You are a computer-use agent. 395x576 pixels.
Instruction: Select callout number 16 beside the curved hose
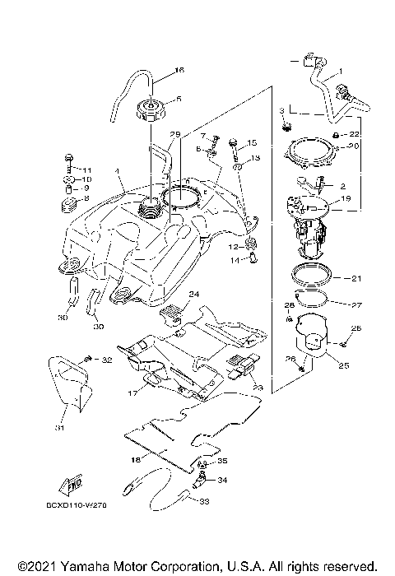pyautogui.click(x=180, y=71)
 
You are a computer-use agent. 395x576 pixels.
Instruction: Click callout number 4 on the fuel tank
pyautogui.click(x=118, y=172)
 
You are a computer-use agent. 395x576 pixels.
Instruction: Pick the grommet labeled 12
pyautogui.click(x=253, y=244)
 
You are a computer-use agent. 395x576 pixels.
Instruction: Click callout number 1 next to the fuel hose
pyautogui.click(x=341, y=72)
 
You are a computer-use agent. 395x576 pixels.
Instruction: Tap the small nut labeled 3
pyautogui.click(x=286, y=126)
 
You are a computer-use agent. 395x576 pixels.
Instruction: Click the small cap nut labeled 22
pyautogui.click(x=337, y=133)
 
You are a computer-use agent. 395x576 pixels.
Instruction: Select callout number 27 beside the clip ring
pyautogui.click(x=356, y=304)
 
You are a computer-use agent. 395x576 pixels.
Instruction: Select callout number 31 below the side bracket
pyautogui.click(x=60, y=427)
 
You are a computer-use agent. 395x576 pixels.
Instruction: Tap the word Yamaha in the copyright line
pyautogui.click(x=82, y=566)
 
